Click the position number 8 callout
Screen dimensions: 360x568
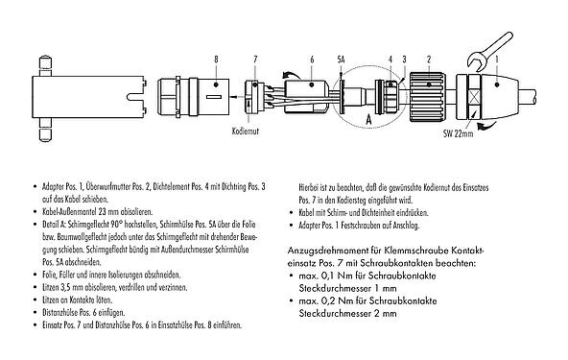(x=216, y=60)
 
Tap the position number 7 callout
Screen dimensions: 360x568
(x=255, y=60)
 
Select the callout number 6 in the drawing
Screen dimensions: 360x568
(x=313, y=60)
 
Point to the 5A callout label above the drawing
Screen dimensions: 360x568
(x=341, y=60)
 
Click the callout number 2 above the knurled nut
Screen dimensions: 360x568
(x=427, y=60)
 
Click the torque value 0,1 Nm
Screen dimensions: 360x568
(x=326, y=275)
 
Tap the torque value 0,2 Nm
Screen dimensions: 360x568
(x=326, y=300)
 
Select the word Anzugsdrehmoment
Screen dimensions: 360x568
(x=326, y=250)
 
